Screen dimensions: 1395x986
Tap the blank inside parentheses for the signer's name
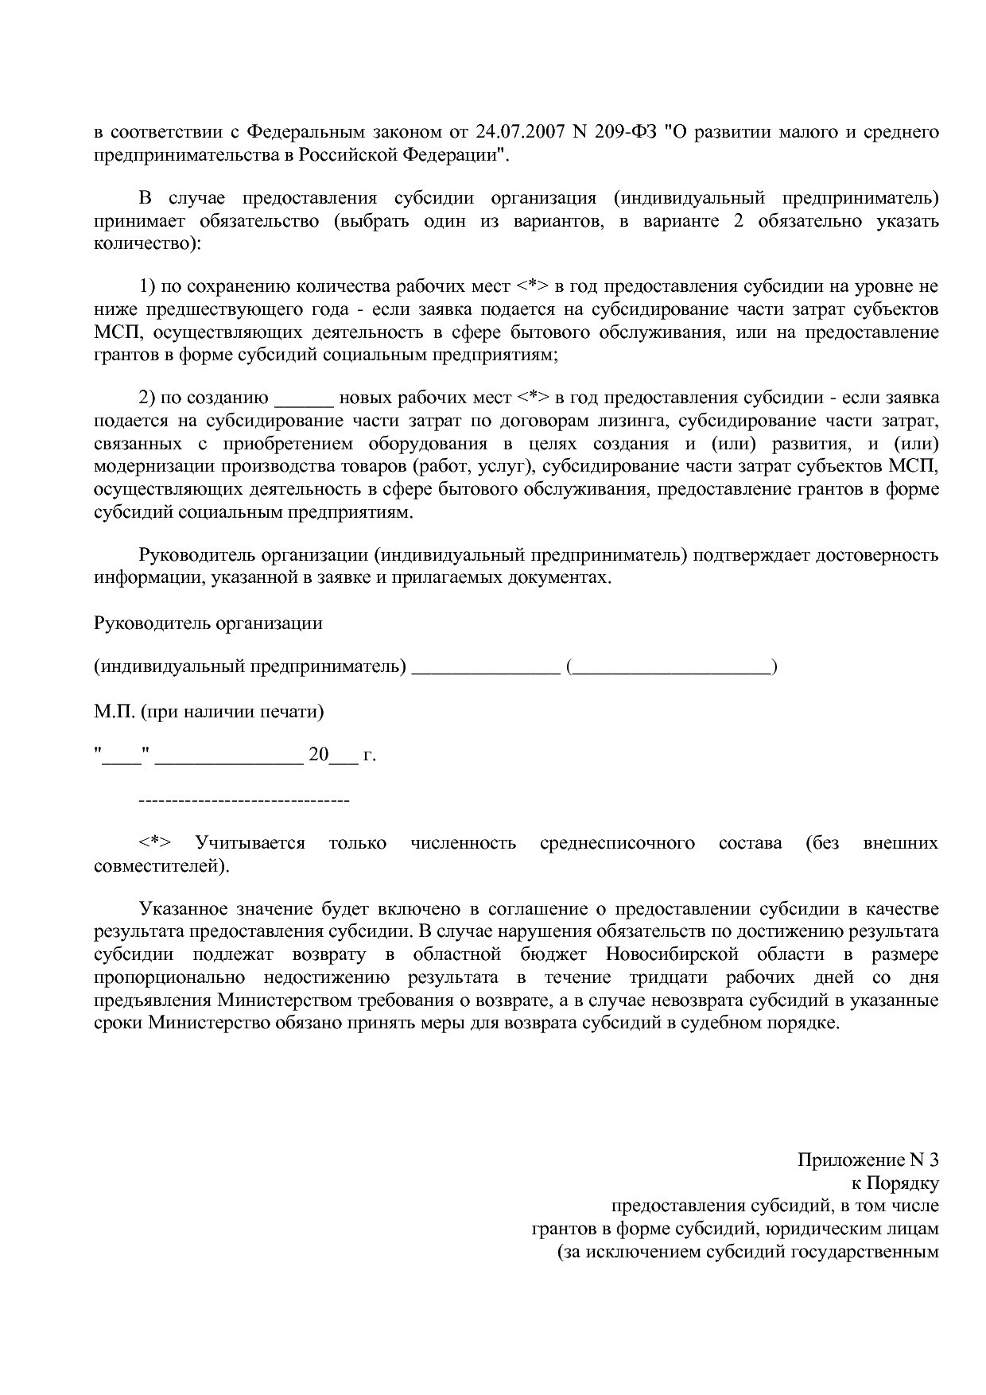(672, 666)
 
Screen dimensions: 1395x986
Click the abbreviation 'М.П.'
(115, 711)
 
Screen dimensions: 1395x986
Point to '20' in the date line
(318, 755)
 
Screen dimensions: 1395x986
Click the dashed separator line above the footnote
(244, 799)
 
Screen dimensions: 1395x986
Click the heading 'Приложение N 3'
(868, 1160)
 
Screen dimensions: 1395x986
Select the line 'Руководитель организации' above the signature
(208, 623)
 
